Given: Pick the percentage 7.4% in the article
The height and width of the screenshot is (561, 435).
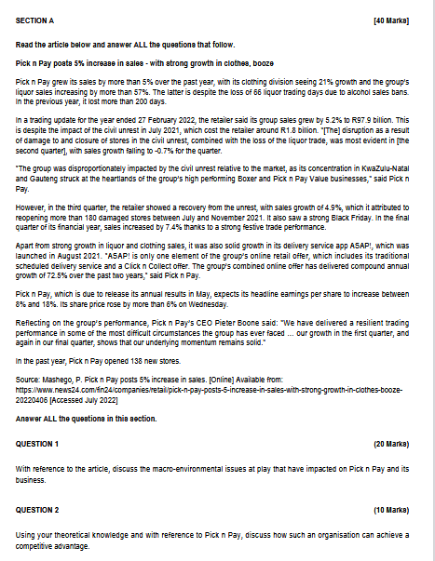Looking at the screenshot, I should pos(163,228).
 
